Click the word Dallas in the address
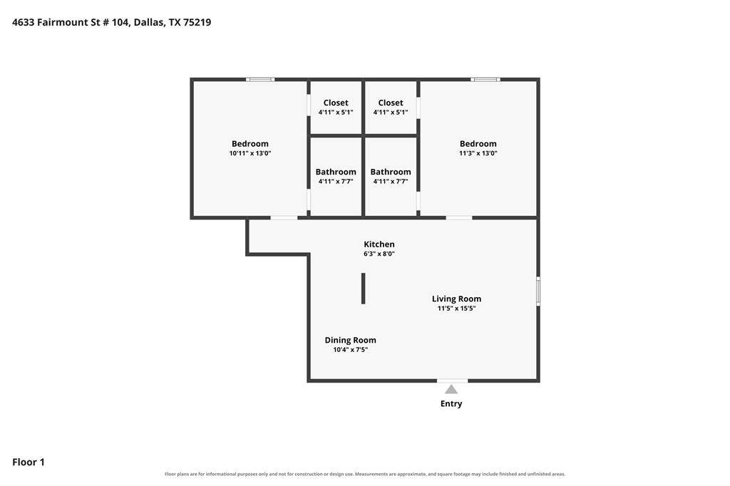(x=149, y=22)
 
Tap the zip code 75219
(x=197, y=22)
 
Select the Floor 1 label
(x=29, y=462)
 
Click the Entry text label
(x=451, y=403)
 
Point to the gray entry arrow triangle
(x=451, y=389)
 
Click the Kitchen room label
(x=379, y=244)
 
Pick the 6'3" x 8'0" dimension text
(x=379, y=254)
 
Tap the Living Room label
(x=456, y=299)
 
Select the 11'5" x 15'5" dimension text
(x=456, y=308)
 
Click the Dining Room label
(x=350, y=341)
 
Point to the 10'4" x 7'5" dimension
(x=350, y=350)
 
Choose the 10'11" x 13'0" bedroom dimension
(x=250, y=153)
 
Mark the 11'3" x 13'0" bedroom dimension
(x=478, y=153)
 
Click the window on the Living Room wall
(x=538, y=291)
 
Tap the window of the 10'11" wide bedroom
(x=260, y=80)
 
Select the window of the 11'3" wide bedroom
(x=485, y=80)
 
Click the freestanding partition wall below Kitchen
(x=363, y=289)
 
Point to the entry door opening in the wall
(x=453, y=381)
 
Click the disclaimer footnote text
(x=365, y=474)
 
